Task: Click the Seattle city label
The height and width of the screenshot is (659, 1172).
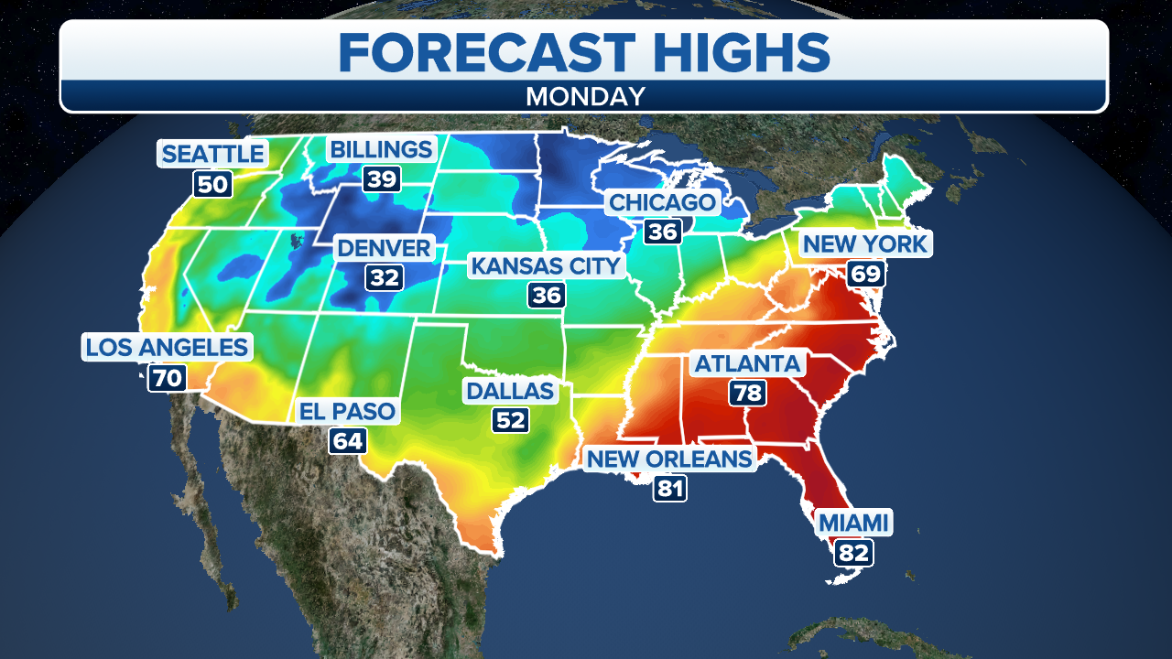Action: (x=212, y=153)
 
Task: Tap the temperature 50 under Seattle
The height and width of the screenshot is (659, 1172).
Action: (x=212, y=184)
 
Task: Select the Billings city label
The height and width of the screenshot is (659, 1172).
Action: (x=381, y=149)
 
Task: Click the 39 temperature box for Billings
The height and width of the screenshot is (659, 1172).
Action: (x=382, y=178)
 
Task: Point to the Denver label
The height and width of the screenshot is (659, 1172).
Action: (x=384, y=247)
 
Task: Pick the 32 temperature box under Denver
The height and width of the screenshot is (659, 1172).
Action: (x=385, y=276)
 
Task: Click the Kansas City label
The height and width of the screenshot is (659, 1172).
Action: (x=546, y=266)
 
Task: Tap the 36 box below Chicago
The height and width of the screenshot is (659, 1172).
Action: (x=662, y=232)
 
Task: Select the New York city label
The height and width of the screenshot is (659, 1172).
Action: (x=865, y=243)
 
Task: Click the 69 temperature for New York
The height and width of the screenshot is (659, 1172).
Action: (x=865, y=273)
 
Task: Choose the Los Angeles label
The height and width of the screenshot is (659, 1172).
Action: (x=167, y=347)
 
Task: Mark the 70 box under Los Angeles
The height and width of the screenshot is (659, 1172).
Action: (x=167, y=377)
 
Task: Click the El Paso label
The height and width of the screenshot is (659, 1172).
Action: (x=348, y=411)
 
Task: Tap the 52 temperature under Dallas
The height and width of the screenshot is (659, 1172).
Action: (x=511, y=420)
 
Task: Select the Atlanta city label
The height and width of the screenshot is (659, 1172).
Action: (x=748, y=363)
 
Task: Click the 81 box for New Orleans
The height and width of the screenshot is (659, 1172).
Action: (x=670, y=488)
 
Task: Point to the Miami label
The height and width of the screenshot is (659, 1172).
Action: (x=853, y=523)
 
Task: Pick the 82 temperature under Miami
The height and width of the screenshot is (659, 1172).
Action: (x=853, y=552)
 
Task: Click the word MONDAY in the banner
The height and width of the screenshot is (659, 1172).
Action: (x=585, y=96)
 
